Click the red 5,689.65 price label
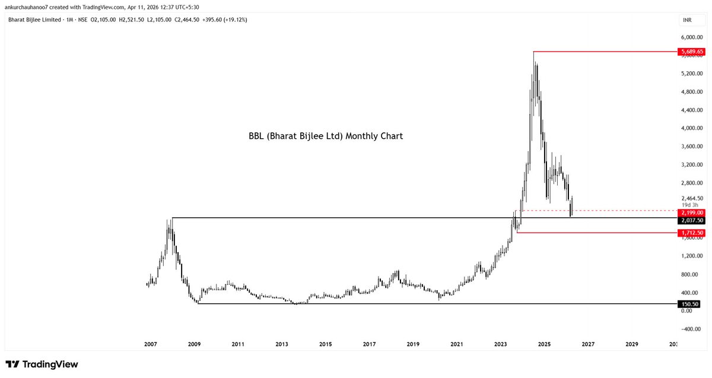[x=692, y=52]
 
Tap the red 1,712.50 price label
[x=692, y=233]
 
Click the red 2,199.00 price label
[x=692, y=212]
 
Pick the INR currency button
[x=686, y=20]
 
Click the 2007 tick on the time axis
[x=150, y=344]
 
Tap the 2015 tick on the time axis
[x=325, y=344]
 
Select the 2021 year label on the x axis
[x=457, y=344]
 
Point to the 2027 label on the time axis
[x=588, y=344]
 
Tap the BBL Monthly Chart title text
[x=326, y=136]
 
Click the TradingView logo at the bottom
[x=42, y=364]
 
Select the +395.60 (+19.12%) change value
[x=225, y=20]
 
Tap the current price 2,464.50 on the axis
[x=692, y=198]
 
